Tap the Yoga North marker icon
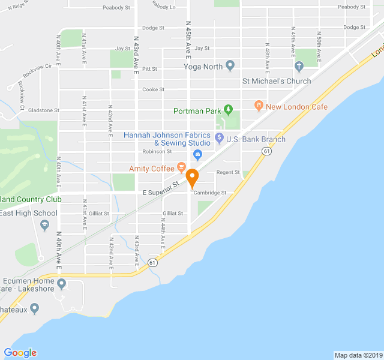[230, 67]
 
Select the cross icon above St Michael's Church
[299, 66]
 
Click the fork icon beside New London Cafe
[259, 106]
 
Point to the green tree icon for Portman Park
[228, 110]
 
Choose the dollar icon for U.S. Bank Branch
[219, 139]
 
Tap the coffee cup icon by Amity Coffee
[181, 168]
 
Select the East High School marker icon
[44, 225]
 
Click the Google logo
[20, 353]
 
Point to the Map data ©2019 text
[358, 355]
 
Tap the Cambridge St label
[209, 193]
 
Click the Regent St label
[228, 173]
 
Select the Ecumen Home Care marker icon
[61, 283]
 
